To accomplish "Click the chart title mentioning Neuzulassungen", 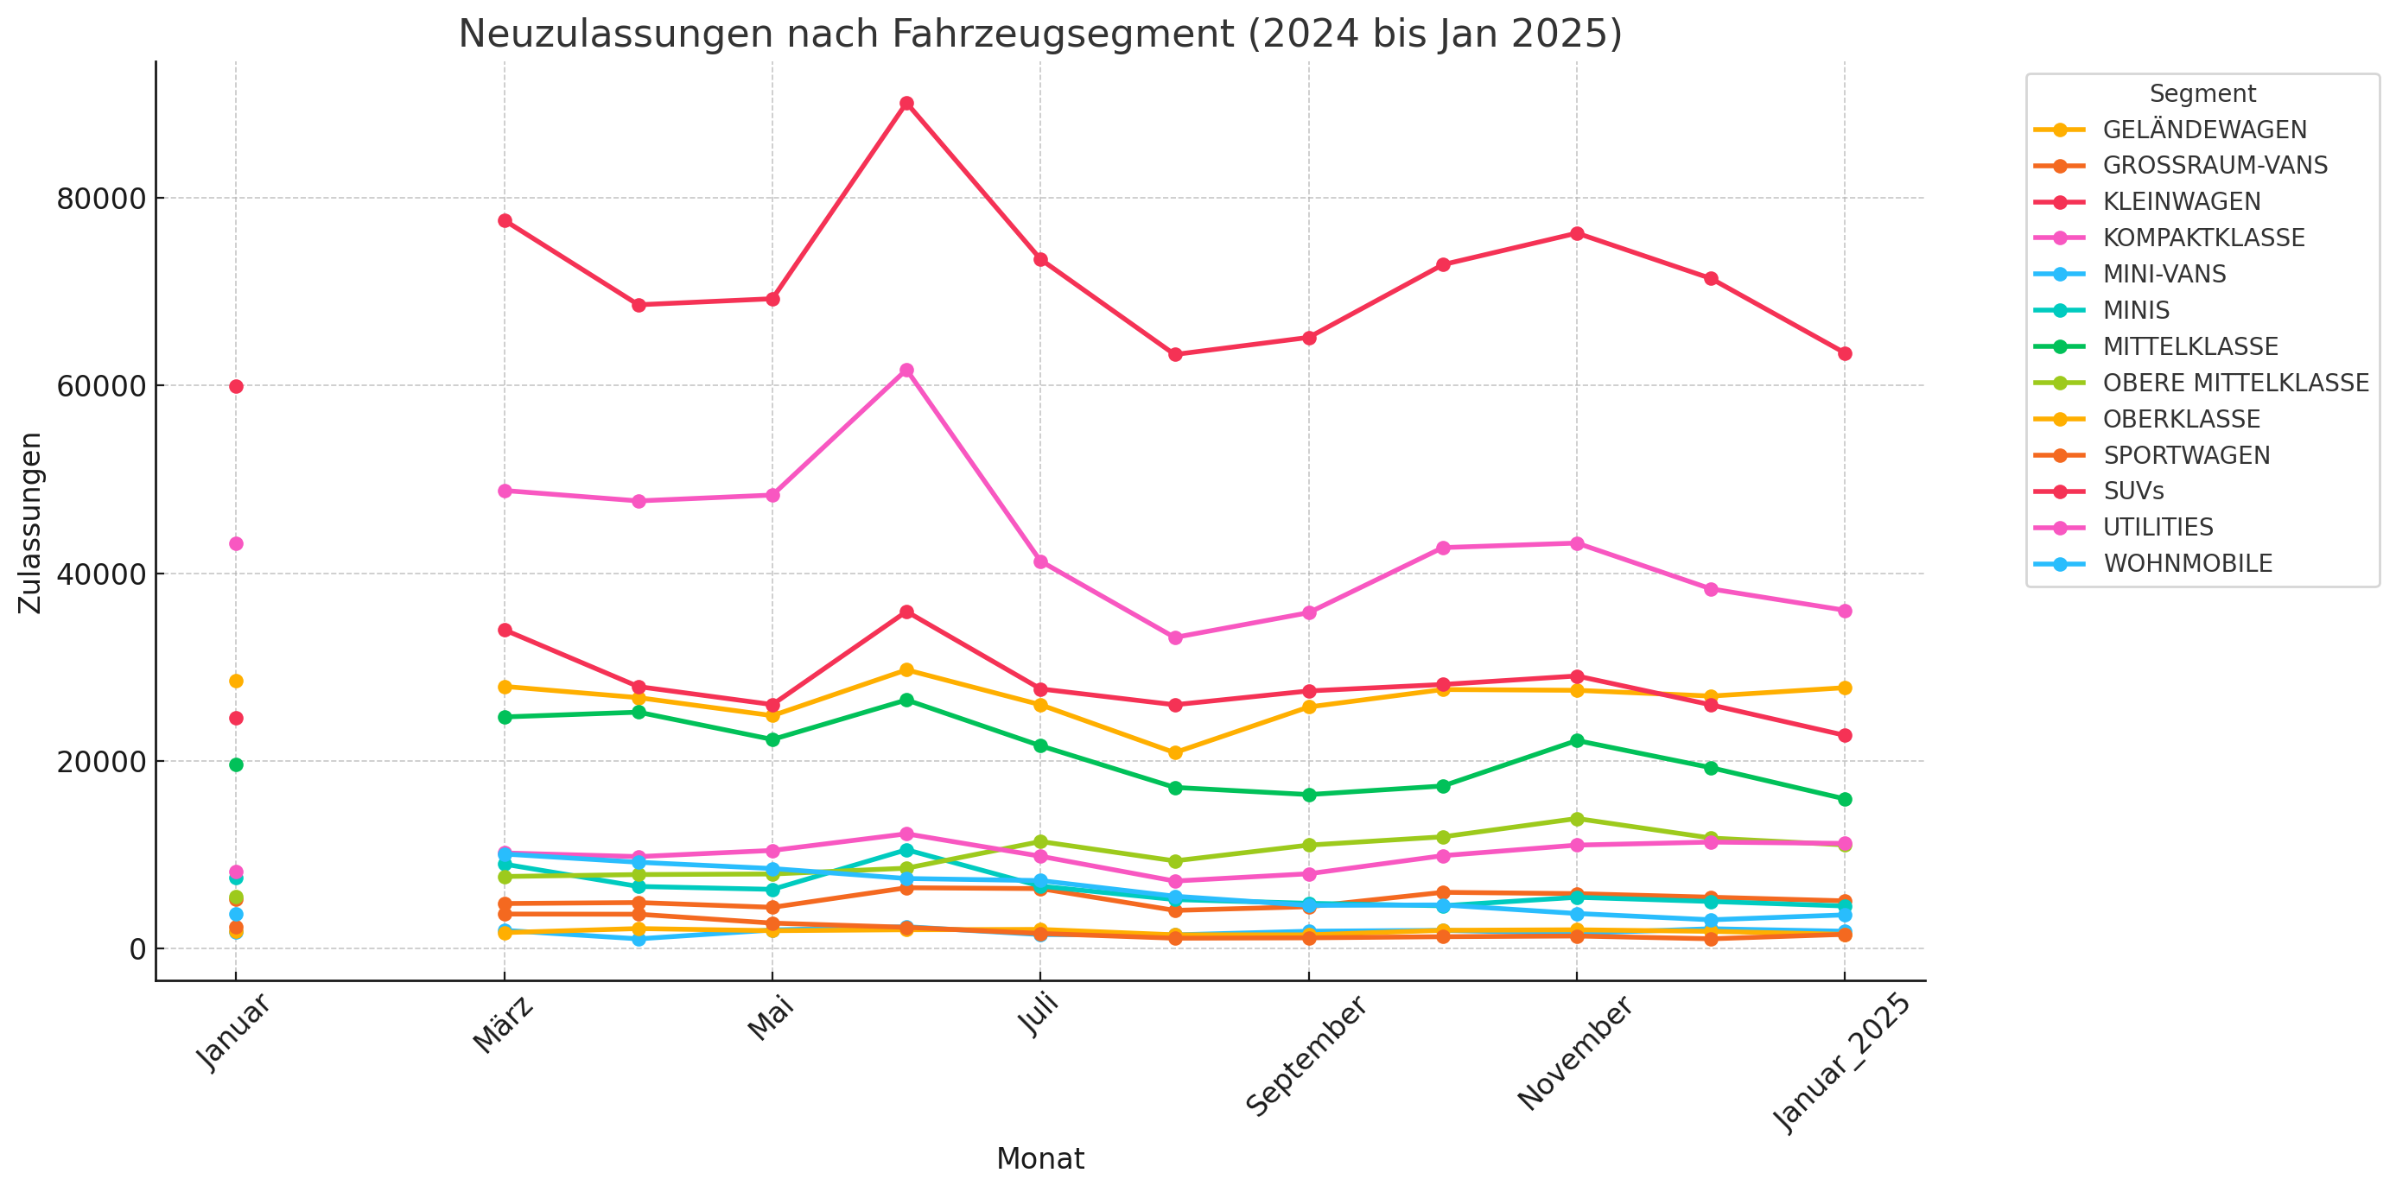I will point(1039,35).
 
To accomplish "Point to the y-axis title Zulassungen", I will point(31,523).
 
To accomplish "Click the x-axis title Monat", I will point(1039,1158).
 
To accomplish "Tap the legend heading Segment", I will point(2202,94).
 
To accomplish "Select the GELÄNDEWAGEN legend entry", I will point(2203,130).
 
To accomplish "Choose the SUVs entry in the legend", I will point(2132,491).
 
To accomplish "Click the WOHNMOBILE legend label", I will point(2187,563).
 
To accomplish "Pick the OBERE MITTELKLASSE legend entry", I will point(2235,383).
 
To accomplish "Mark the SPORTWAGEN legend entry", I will point(2186,455).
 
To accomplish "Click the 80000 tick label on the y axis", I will point(101,199).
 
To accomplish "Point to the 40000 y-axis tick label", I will point(101,574).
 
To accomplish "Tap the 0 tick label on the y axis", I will point(137,949).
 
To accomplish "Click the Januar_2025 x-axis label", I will point(1840,1062).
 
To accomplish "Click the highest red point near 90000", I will point(906,103).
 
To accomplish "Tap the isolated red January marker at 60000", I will point(236,387).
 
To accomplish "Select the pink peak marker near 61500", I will point(906,370).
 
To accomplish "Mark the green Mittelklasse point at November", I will point(1577,741).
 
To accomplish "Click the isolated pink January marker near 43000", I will point(236,544).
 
